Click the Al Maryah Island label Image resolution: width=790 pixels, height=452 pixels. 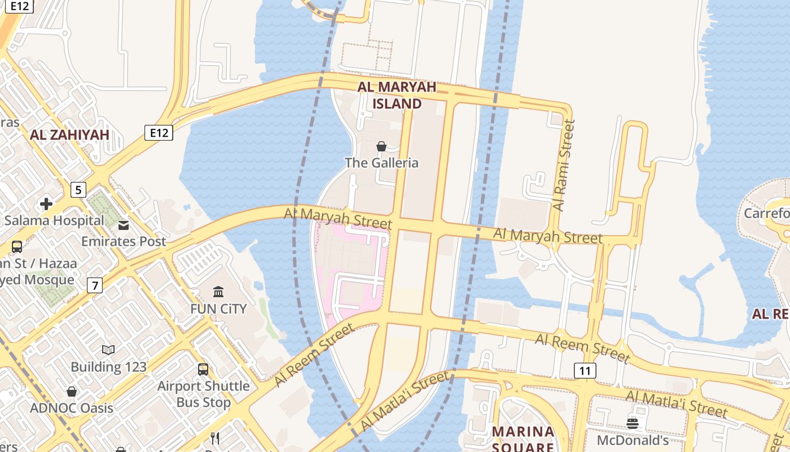(x=397, y=95)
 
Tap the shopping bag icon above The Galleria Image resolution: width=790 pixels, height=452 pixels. (x=381, y=146)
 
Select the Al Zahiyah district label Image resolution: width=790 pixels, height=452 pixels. (x=69, y=134)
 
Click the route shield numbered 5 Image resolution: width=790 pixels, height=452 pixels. (x=78, y=190)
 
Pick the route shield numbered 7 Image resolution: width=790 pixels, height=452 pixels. (x=95, y=286)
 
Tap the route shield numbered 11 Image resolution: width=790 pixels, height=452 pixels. (x=585, y=371)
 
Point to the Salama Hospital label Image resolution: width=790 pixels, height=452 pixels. (x=54, y=220)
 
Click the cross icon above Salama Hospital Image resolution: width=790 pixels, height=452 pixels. (x=46, y=204)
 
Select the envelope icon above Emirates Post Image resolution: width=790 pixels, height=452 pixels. (x=124, y=225)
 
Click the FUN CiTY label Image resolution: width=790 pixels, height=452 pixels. (x=218, y=308)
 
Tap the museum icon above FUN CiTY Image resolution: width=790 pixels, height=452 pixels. (x=218, y=292)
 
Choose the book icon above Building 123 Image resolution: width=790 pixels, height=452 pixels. (x=108, y=350)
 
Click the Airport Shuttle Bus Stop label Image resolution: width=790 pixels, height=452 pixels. (x=203, y=394)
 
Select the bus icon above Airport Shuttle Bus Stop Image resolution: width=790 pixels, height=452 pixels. (x=203, y=370)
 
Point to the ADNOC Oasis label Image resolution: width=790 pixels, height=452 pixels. (x=72, y=408)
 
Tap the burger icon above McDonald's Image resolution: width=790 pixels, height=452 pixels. (x=633, y=423)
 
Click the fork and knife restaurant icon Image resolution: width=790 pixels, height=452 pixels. (x=215, y=438)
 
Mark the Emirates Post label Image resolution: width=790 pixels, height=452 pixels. (x=124, y=241)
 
